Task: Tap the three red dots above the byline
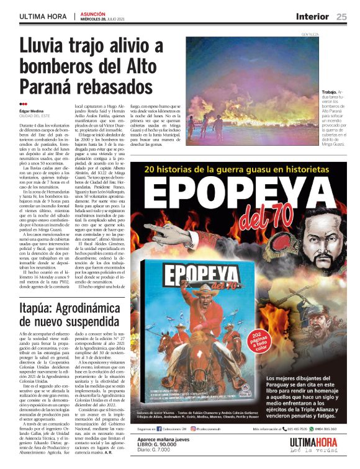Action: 23,104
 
